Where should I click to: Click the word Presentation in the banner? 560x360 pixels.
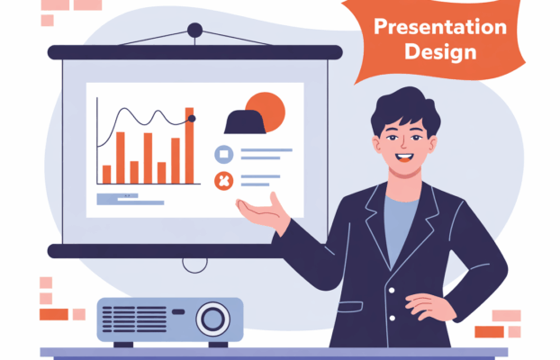click(x=440, y=27)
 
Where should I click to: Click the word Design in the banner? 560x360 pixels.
click(x=440, y=52)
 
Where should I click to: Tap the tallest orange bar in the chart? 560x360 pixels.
click(x=189, y=146)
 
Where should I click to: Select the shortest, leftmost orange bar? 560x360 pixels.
click(x=106, y=175)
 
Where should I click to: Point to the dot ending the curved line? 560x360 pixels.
click(x=192, y=119)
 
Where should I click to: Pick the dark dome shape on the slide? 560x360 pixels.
click(x=245, y=122)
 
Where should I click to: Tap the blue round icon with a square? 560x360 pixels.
click(x=224, y=154)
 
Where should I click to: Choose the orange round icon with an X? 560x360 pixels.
click(x=224, y=181)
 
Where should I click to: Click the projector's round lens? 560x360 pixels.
click(x=212, y=319)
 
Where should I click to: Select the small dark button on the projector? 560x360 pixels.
click(x=178, y=311)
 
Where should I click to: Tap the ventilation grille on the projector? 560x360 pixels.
click(x=134, y=319)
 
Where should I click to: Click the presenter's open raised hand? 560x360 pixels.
click(x=264, y=212)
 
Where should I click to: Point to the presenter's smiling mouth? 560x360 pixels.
click(x=404, y=157)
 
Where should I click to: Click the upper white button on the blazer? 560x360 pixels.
click(x=392, y=291)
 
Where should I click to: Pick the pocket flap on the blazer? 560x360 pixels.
click(x=350, y=307)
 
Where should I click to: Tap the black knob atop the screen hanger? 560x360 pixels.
click(x=195, y=31)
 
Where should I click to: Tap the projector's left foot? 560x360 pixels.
click(x=123, y=345)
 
